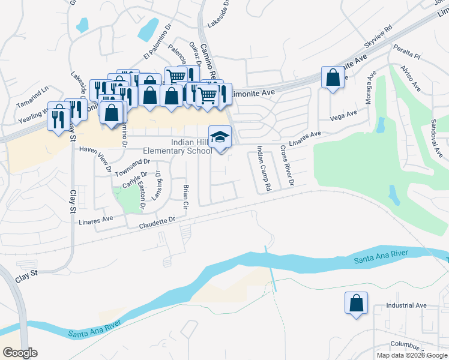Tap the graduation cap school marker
pos(220,137)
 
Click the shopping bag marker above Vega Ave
pos(333,78)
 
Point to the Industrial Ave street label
pos(406,305)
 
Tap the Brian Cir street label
pos(185,197)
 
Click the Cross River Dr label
pos(287,165)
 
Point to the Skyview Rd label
pos(378,37)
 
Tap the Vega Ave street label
pos(343,114)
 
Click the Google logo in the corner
pos(20,353)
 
